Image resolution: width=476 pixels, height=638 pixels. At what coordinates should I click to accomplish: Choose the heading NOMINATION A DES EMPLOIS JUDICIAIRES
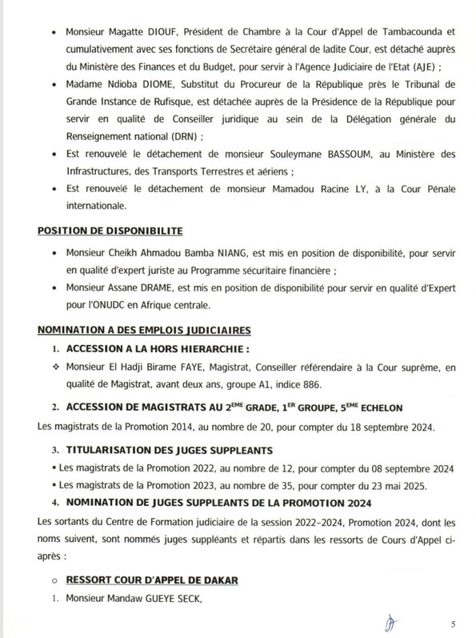(145, 330)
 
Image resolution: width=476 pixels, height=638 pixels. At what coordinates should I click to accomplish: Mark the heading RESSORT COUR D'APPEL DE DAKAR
(152, 578)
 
